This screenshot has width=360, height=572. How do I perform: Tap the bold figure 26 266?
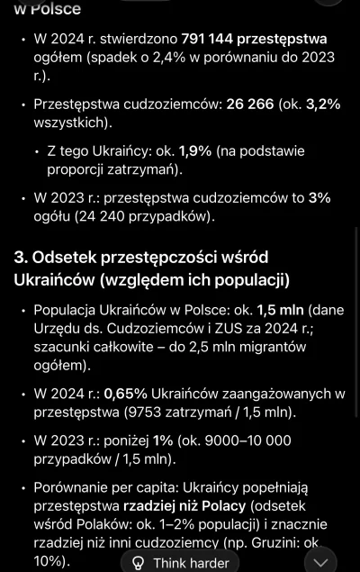[x=250, y=104]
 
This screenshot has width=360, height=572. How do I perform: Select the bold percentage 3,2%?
[x=323, y=104]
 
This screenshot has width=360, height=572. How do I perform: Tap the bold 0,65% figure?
[x=125, y=394]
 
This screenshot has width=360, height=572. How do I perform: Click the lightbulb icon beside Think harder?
[x=138, y=562]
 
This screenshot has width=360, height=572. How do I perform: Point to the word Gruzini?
[x=274, y=542]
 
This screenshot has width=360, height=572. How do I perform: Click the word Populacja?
[x=68, y=310]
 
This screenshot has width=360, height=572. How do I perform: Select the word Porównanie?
[x=76, y=487]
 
